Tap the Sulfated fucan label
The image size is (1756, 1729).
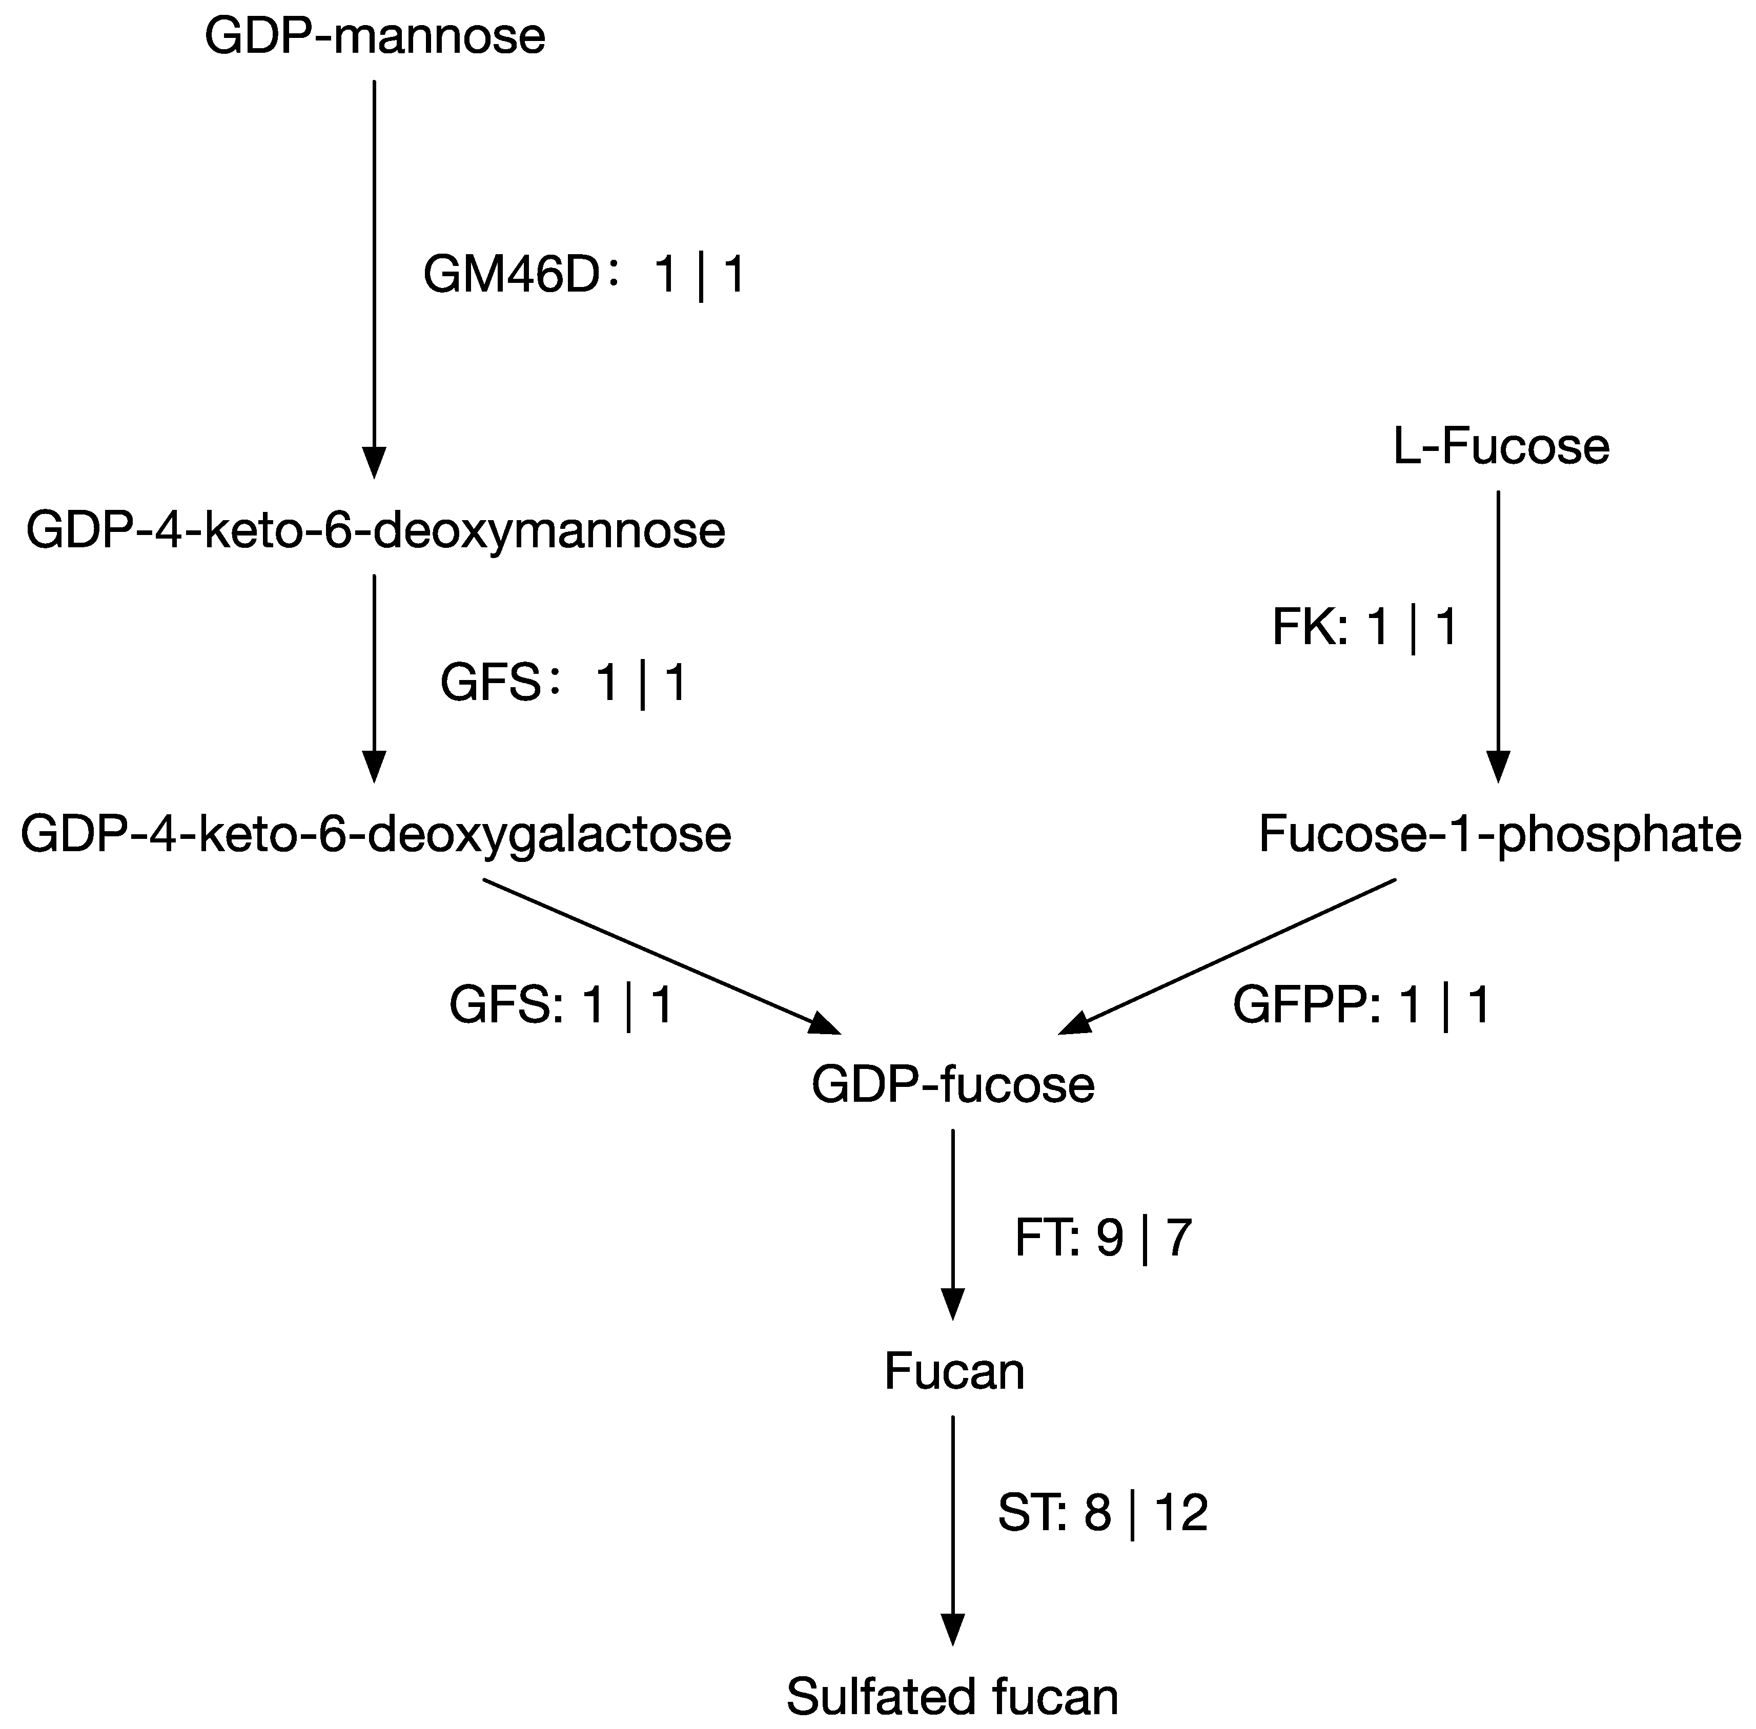click(952, 1696)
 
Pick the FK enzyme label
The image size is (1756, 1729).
click(1308, 627)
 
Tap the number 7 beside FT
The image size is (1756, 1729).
click(1177, 1238)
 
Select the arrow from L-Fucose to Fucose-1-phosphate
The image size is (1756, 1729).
click(1498, 635)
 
